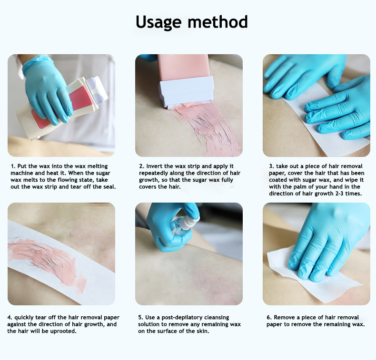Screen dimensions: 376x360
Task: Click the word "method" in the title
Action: tap(218, 22)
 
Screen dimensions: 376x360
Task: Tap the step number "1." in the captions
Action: tap(13, 166)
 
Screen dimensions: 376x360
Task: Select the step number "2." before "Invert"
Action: tap(141, 166)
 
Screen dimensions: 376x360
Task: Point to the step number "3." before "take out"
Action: tap(271, 166)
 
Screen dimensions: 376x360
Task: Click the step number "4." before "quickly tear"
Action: tap(10, 317)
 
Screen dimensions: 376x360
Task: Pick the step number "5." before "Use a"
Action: tap(140, 317)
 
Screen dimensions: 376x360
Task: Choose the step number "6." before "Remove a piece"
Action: tap(269, 317)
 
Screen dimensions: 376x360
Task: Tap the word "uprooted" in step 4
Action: tap(63, 331)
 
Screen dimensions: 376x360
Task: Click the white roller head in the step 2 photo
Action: tap(187, 92)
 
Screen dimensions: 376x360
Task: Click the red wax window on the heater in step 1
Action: tap(79, 99)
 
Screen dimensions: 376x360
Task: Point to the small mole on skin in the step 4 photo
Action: tap(71, 234)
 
